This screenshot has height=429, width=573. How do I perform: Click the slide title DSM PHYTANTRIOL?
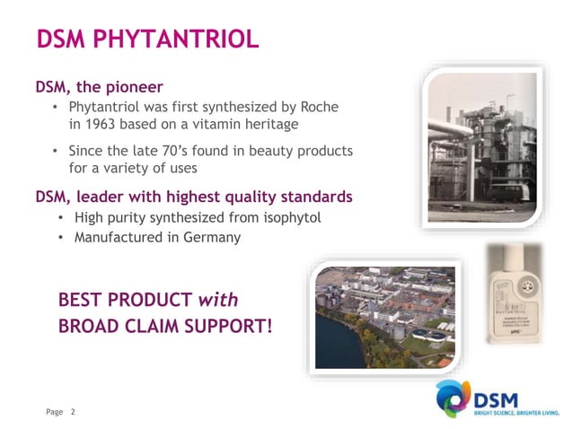pos(147,39)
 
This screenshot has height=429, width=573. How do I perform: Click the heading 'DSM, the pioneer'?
pos(99,87)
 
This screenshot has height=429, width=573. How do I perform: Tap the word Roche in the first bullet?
pos(319,107)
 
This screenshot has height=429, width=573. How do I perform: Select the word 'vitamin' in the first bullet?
pos(226,124)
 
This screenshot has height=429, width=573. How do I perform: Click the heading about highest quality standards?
pos(193,196)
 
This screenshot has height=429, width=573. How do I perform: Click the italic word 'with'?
pos(218,298)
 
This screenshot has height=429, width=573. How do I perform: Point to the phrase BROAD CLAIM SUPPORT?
pos(165,325)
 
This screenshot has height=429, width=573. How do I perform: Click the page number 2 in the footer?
pos(74,412)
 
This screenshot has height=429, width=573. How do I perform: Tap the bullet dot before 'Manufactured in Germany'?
pos(60,239)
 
